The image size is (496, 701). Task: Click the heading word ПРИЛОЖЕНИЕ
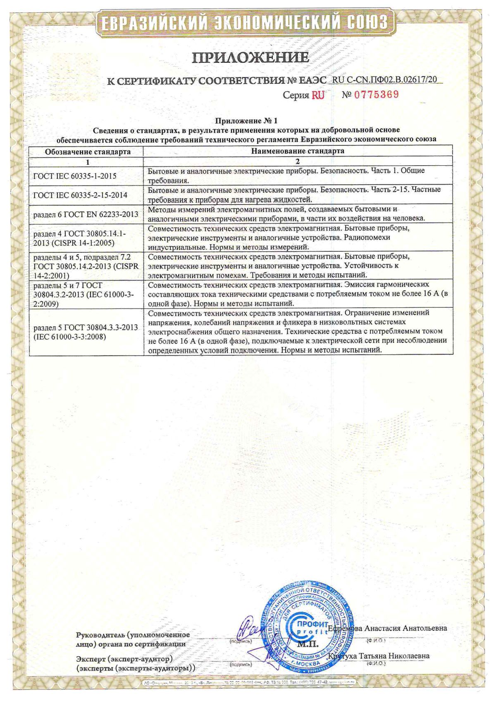pyautogui.click(x=250, y=57)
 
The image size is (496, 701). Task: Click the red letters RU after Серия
pyautogui.click(x=318, y=95)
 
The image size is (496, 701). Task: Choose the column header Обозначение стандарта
pyautogui.click(x=88, y=152)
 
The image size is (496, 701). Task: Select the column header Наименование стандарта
pyautogui.click(x=298, y=151)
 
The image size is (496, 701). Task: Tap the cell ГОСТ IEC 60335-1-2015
pyautogui.click(x=74, y=176)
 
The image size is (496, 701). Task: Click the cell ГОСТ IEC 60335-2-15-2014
pyautogui.click(x=80, y=195)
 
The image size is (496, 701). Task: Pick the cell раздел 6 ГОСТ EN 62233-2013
pyautogui.click(x=86, y=214)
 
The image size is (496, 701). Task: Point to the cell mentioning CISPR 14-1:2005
pyautogui.click(x=80, y=238)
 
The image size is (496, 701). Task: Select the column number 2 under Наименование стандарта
pyautogui.click(x=298, y=161)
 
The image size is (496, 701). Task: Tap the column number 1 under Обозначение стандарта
pyautogui.click(x=88, y=162)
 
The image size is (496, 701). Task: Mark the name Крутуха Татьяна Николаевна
pyautogui.click(x=379, y=656)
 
